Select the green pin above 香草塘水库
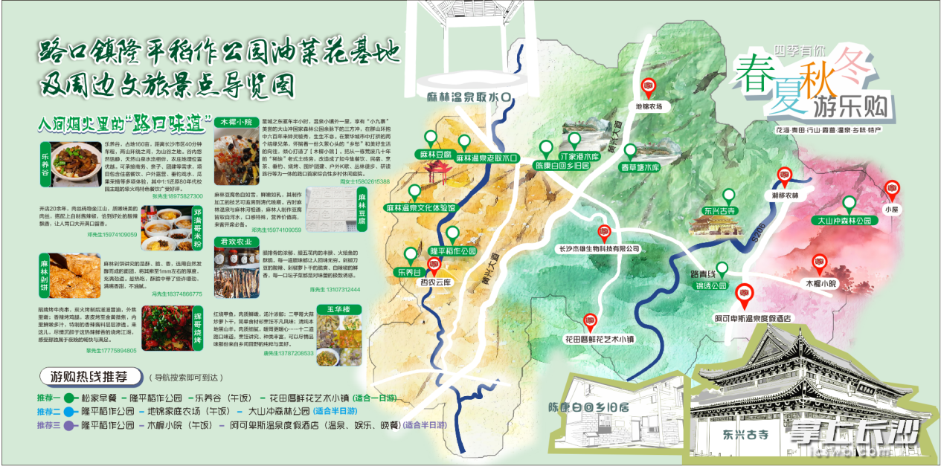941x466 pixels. point(630,151)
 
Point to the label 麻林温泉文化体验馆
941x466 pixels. point(420,208)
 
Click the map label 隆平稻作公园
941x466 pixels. point(453,252)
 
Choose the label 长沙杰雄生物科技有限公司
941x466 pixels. point(600,249)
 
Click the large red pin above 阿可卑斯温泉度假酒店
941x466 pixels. point(744,294)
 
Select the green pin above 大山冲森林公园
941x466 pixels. point(849,204)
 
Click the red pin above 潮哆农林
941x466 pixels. point(783,176)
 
